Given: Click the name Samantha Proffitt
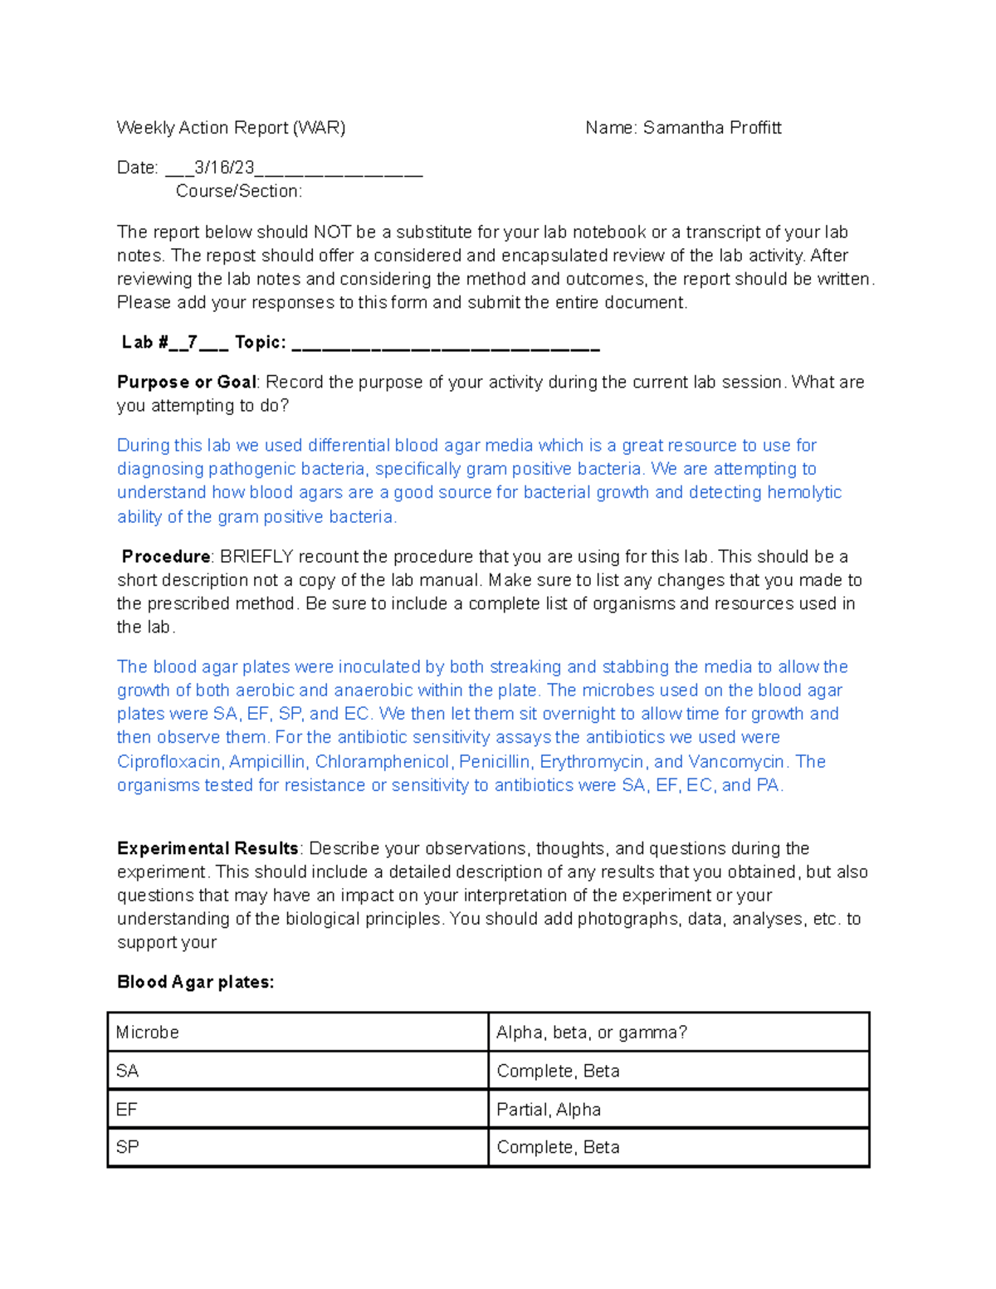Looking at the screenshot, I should pos(711,128).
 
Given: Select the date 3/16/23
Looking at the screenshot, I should pos(224,168).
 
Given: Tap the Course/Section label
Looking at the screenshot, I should pos(239,191).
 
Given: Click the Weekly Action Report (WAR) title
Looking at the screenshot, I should pos(231,128).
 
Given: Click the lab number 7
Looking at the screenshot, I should pos(193,343).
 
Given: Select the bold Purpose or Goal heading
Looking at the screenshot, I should pos(187,383).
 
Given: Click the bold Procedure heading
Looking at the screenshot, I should pos(166,557).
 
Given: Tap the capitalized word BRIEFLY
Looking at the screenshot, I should pos(256,557).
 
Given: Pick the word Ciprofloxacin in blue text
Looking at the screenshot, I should pos(169,762).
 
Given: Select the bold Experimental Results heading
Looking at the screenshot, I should pos(207,849).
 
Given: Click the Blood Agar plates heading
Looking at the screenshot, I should pos(195,983).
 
